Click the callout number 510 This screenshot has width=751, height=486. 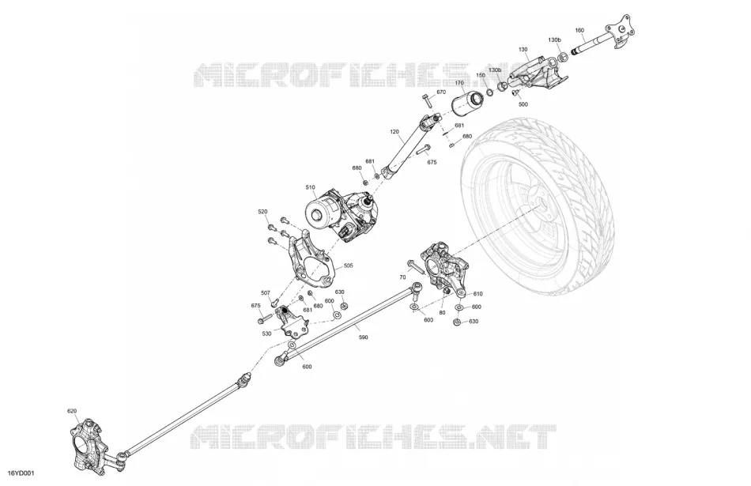coord(311,187)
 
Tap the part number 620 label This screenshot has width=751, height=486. coord(72,411)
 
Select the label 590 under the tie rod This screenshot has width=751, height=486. coord(364,337)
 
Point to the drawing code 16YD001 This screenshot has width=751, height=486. coord(21,473)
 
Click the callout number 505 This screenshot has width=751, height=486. coord(348,266)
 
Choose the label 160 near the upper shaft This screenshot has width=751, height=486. coord(579,30)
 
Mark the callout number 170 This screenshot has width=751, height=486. coord(460,83)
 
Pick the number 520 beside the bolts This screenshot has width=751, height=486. coord(263,212)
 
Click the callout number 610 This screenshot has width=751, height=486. coord(477,294)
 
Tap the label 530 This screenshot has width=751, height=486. coord(266,333)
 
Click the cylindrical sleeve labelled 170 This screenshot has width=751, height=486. coord(468,105)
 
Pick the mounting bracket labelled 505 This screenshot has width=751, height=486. coord(311,260)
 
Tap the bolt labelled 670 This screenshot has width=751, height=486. coord(427,101)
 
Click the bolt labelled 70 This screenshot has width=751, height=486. coord(413,266)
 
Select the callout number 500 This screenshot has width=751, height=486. coord(523,104)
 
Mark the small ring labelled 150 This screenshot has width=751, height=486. coord(490,92)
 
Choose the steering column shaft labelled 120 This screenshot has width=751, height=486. coord(411,146)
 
